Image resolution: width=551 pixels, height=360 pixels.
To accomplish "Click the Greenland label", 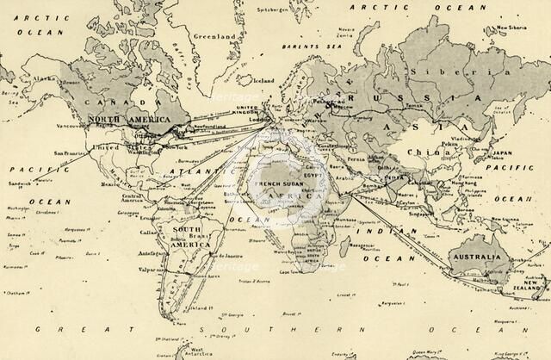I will (214, 38).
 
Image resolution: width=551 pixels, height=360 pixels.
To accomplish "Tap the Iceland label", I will (264, 81).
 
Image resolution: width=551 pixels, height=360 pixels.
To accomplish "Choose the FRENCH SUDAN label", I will (275, 184).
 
